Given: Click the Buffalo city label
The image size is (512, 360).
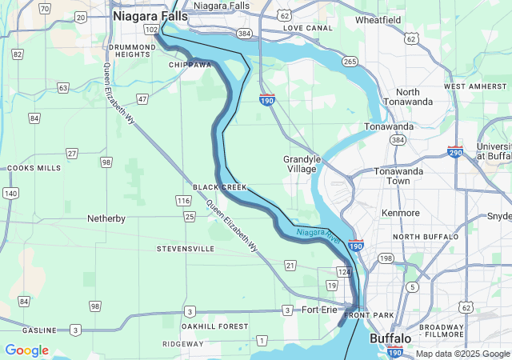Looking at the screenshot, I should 390,339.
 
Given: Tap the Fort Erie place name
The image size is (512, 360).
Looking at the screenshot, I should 322,310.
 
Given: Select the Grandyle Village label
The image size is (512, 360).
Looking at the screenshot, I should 302,164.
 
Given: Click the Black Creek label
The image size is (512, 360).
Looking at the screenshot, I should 220,186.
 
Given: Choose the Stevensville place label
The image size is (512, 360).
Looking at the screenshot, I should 186,249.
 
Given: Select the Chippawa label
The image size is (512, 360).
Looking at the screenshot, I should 190,65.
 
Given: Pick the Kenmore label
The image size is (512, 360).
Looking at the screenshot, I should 401,214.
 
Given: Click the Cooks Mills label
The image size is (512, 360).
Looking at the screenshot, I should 33,168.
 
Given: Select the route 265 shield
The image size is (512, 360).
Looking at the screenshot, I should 349,62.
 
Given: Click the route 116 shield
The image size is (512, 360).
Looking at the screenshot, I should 183,200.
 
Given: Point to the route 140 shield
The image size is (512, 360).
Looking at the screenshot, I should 10,193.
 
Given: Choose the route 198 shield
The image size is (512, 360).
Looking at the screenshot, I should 386,258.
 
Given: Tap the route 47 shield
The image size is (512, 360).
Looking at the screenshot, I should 142,99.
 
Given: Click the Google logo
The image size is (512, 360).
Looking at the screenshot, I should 26,350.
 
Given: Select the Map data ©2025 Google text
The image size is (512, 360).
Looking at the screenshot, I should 462,354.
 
